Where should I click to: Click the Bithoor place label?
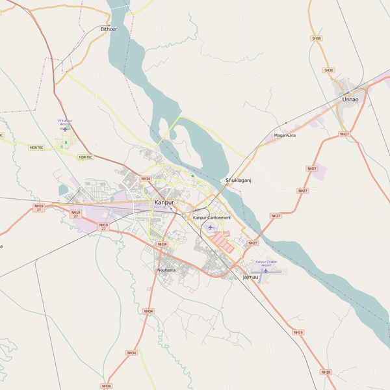pyautogui.click(x=109, y=29)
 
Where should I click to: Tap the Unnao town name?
pyautogui.click(x=351, y=99)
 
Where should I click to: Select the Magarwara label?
pyautogui.click(x=285, y=135)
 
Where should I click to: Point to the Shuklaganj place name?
pyautogui.click(x=238, y=180)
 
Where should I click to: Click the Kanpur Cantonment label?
pyautogui.click(x=212, y=217)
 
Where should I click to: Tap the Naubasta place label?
pyautogui.click(x=166, y=270)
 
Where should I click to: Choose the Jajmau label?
pyautogui.click(x=250, y=278)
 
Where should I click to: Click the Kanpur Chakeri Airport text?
pyautogui.click(x=265, y=264)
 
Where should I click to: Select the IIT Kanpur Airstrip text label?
pyautogui.click(x=66, y=122)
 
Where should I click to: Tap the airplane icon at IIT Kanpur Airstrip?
pyautogui.click(x=65, y=128)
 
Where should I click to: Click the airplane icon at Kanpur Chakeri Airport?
pyautogui.click(x=265, y=270)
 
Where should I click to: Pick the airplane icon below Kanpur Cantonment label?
pyautogui.click(x=211, y=227)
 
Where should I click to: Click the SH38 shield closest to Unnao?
pyautogui.click(x=329, y=70)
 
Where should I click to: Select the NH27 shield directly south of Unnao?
pyautogui.click(x=344, y=135)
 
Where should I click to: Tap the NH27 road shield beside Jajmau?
pyautogui.click(x=252, y=243)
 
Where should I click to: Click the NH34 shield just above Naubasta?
pyautogui.click(x=161, y=244)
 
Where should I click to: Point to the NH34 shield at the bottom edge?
pyautogui.click(x=106, y=386)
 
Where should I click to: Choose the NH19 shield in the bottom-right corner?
pyautogui.click(x=326, y=372)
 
